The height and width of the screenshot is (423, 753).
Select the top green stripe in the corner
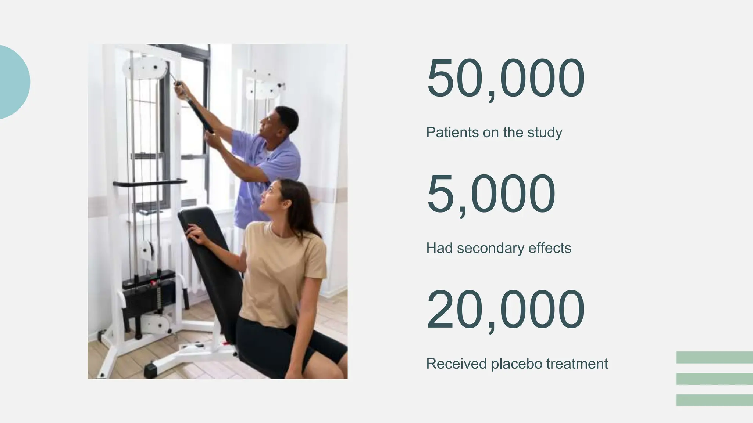click(714, 357)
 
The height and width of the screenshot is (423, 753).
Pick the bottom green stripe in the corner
click(714, 400)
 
